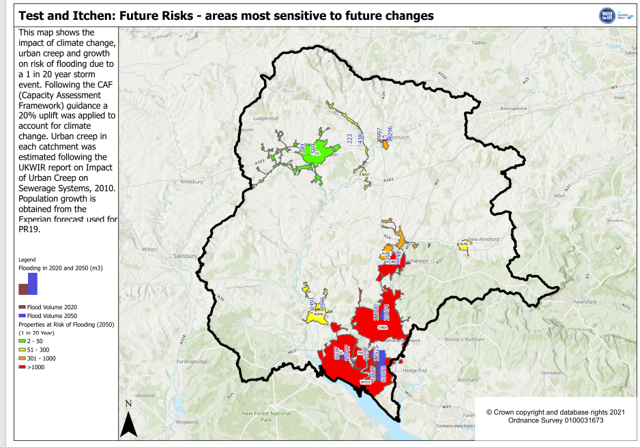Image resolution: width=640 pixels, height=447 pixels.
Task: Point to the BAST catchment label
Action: pyautogui.click(x=365, y=174)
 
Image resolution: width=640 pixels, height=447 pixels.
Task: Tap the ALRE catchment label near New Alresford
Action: pyautogui.click(x=464, y=244)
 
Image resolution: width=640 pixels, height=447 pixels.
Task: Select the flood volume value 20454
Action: pyautogui.click(x=386, y=313)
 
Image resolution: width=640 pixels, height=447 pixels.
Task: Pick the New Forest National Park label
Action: pyautogui.click(x=266, y=416)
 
